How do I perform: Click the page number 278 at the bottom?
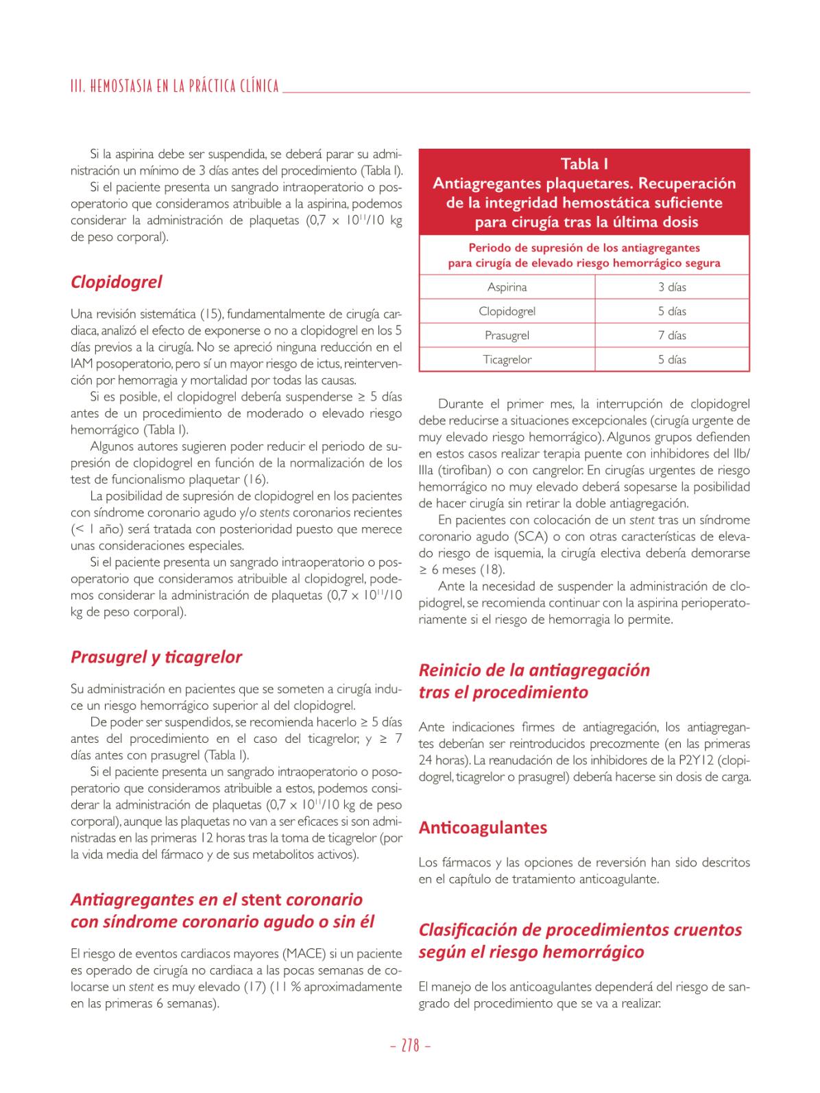pyautogui.click(x=410, y=1046)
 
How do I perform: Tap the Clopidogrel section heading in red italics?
pyautogui.click(x=117, y=282)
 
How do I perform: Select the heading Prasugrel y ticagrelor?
pyautogui.click(x=156, y=657)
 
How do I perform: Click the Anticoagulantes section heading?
pyautogui.click(x=483, y=827)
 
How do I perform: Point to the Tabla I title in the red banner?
pyautogui.click(x=584, y=164)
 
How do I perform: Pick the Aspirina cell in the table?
pyautogui.click(x=507, y=287)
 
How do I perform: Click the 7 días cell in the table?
pyautogui.click(x=672, y=335)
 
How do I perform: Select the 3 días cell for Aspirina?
pyautogui.click(x=672, y=287)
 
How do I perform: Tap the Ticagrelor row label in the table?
pyautogui.click(x=507, y=359)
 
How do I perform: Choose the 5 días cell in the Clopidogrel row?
pyautogui.click(x=672, y=311)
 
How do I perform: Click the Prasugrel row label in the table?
pyautogui.click(x=507, y=335)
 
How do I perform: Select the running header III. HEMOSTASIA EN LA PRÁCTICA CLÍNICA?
pyautogui.click(x=175, y=86)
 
